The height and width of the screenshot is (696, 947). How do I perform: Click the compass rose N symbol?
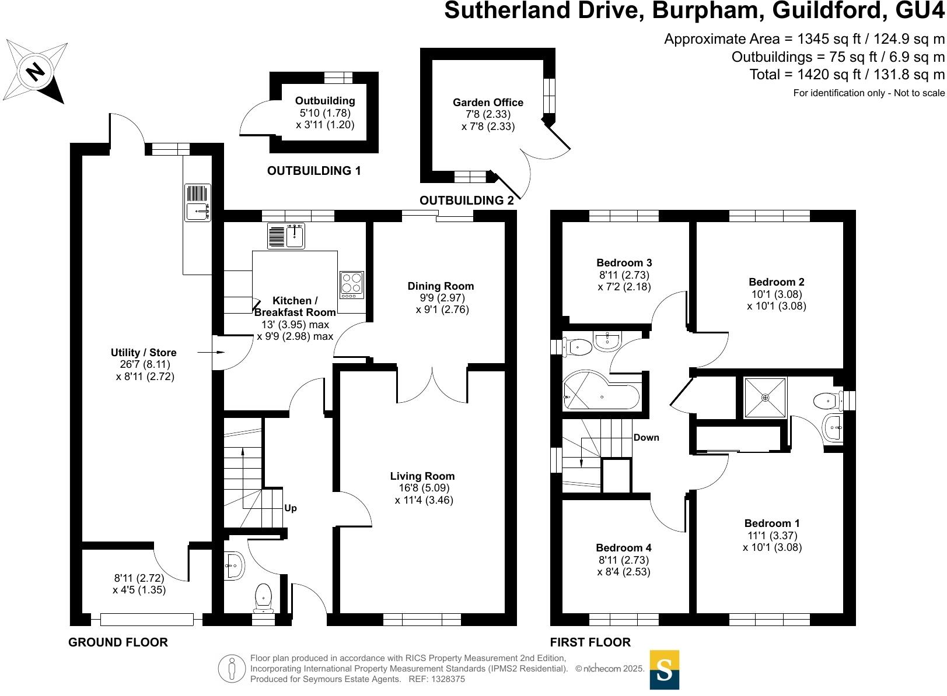pyautogui.click(x=36, y=71)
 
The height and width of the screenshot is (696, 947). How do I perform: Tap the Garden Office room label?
pyautogui.click(x=488, y=103)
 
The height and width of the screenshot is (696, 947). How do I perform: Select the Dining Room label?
pyautogui.click(x=441, y=286)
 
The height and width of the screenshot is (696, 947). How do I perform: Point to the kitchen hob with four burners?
pyautogui.click(x=352, y=285)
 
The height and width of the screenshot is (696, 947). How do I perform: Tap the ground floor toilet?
pyautogui.click(x=264, y=597)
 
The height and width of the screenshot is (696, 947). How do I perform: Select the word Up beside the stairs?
pyautogui.click(x=291, y=508)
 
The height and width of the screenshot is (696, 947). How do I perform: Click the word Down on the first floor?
pyautogui.click(x=647, y=438)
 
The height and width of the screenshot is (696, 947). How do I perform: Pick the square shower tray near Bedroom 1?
pyautogui.click(x=765, y=398)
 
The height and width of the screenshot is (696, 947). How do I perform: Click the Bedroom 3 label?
pyautogui.click(x=624, y=263)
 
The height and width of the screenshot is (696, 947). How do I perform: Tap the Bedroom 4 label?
pyautogui.click(x=623, y=548)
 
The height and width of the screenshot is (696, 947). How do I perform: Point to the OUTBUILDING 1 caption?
pyautogui.click(x=314, y=171)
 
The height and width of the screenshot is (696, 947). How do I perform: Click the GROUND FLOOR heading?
pyautogui.click(x=118, y=642)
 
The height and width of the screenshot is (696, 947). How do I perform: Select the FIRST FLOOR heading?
pyautogui.click(x=590, y=642)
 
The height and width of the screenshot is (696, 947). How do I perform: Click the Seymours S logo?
pyautogui.click(x=664, y=670)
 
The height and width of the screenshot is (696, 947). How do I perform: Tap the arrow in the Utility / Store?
pyautogui.click(x=211, y=353)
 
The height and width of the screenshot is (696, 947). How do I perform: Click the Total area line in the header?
pyautogui.click(x=847, y=75)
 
